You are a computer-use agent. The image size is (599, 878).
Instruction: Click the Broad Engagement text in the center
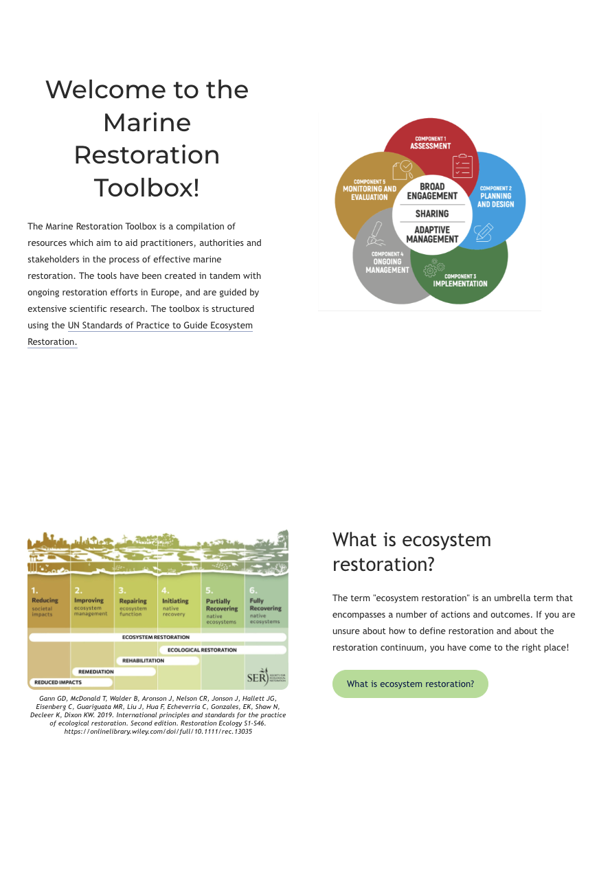click(x=431, y=191)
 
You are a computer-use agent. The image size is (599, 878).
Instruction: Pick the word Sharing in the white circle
click(x=431, y=214)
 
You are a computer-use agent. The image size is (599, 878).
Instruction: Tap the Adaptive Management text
click(x=431, y=234)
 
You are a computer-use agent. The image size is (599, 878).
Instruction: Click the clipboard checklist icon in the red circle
click(x=462, y=166)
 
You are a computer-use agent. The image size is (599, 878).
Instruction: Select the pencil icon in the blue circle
click(x=484, y=232)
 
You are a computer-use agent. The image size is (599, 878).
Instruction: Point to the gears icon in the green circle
click(x=434, y=267)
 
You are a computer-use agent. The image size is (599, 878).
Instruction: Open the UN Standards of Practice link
click(x=160, y=326)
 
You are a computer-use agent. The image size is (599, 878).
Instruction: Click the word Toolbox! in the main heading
click(x=146, y=188)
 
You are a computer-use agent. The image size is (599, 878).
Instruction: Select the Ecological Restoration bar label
click(x=202, y=650)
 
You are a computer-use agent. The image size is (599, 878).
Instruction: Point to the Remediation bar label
click(x=96, y=672)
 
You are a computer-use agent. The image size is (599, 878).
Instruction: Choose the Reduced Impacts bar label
click(x=58, y=682)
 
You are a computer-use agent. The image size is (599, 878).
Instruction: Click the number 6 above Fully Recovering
click(x=253, y=590)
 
